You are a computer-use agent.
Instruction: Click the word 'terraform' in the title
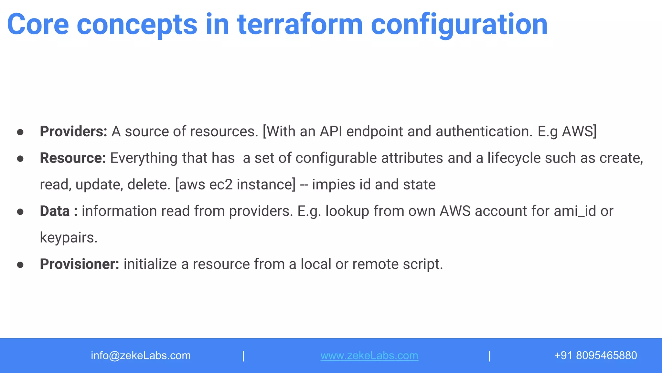click(x=300, y=25)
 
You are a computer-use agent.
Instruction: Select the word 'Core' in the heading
click(x=38, y=25)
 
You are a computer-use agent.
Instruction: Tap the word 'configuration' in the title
click(x=459, y=25)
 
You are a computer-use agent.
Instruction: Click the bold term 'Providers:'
click(x=73, y=131)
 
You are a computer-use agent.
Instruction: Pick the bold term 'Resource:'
click(x=73, y=158)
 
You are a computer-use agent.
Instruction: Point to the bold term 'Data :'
click(x=59, y=211)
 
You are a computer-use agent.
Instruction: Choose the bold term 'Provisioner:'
click(x=80, y=264)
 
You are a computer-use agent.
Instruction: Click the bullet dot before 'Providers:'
click(x=20, y=132)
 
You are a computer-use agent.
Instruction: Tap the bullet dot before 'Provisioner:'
click(x=20, y=265)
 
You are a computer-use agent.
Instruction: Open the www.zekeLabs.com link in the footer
click(x=369, y=356)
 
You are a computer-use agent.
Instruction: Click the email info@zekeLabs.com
click(x=141, y=356)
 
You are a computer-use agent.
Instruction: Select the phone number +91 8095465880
click(x=595, y=356)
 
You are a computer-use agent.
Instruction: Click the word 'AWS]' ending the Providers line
click(x=579, y=131)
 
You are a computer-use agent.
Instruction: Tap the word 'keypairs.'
click(x=69, y=238)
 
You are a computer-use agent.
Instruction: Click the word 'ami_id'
click(x=575, y=211)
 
